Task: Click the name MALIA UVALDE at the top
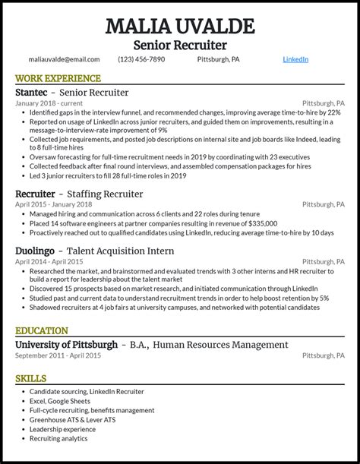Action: point(180,27)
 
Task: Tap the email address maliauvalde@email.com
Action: point(64,59)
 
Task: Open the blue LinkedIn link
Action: point(295,59)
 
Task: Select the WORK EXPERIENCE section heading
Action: point(58,78)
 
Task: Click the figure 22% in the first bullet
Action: point(333,112)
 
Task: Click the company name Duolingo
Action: point(37,251)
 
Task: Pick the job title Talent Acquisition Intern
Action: point(120,251)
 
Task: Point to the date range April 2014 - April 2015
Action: point(49,262)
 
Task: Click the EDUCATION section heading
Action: point(42,331)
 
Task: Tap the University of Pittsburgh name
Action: point(66,345)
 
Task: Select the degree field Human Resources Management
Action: point(220,345)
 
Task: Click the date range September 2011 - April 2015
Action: point(58,355)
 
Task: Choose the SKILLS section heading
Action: point(30,378)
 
